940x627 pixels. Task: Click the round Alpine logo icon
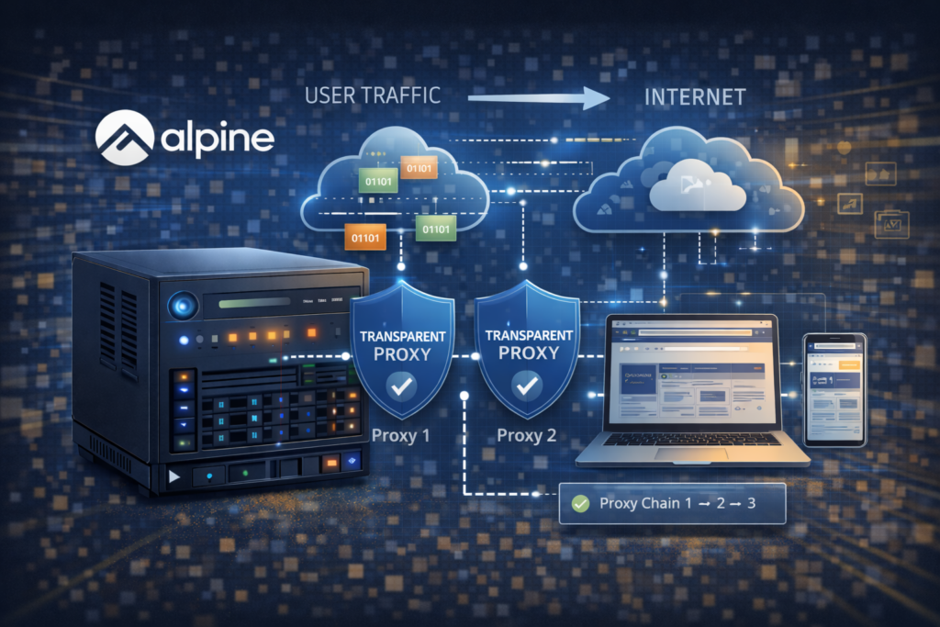tap(125, 138)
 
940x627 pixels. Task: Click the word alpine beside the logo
tap(216, 140)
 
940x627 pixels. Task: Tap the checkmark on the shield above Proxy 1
tap(400, 389)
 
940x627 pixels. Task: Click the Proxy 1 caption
tap(400, 434)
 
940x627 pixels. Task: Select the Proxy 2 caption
tap(527, 434)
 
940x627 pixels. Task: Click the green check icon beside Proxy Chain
tap(579, 503)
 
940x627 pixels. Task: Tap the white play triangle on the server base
tap(174, 476)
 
